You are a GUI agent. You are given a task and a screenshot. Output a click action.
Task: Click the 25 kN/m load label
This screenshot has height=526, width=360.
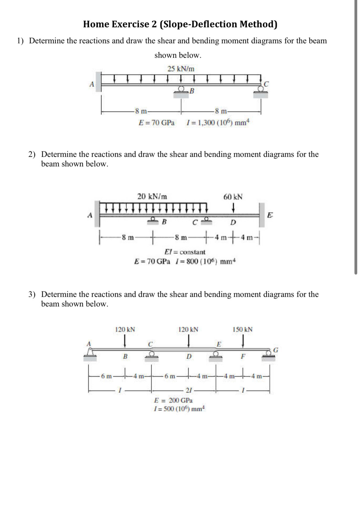181,69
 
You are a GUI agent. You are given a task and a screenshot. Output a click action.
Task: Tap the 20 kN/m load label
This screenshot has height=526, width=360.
152,196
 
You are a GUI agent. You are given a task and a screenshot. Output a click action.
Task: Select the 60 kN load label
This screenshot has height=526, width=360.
233,197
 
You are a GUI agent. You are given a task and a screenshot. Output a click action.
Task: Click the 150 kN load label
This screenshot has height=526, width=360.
242,329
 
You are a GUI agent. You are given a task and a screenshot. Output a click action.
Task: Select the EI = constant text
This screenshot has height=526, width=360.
185,252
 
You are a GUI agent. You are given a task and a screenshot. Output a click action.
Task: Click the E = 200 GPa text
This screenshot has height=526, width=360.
173,400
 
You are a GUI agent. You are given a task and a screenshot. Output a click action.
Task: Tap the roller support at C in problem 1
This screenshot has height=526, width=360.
260,91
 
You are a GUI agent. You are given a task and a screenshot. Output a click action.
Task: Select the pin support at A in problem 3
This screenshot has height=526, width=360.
90,354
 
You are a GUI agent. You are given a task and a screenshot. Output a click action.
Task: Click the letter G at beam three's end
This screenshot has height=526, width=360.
276,349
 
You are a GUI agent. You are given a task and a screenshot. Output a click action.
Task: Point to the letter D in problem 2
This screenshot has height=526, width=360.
233,222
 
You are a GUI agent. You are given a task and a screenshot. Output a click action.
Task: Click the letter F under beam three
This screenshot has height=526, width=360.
243,357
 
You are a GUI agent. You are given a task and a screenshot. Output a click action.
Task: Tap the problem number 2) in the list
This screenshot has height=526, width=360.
32,154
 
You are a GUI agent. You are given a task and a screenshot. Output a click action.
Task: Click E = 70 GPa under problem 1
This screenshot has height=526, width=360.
156,122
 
